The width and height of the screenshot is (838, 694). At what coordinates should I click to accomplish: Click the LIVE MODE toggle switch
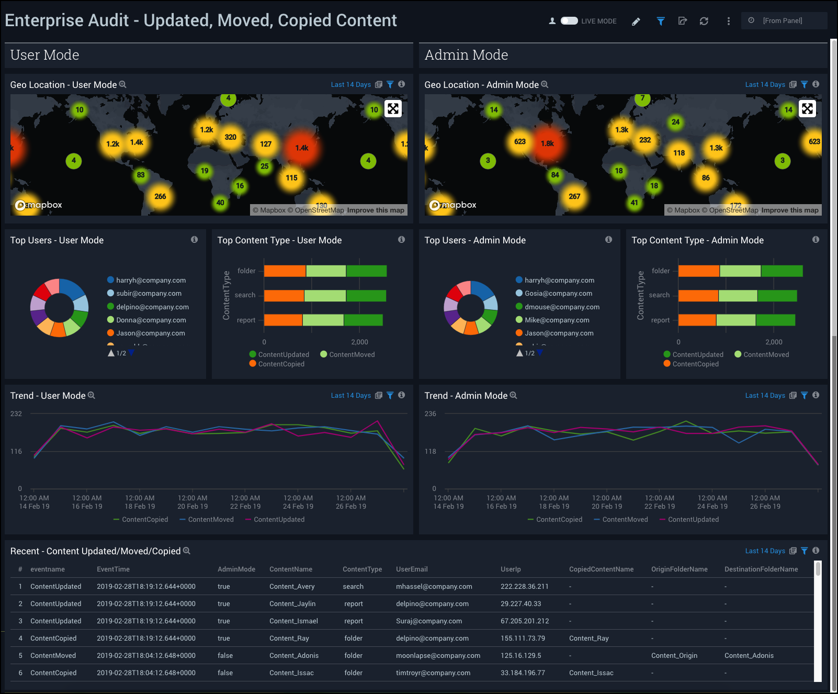click(569, 21)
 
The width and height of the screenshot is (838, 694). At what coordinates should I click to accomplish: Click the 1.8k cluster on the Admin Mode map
click(547, 143)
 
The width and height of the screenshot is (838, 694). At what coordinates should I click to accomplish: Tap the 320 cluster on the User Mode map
click(230, 137)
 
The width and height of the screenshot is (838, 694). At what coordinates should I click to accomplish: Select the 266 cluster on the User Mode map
click(160, 197)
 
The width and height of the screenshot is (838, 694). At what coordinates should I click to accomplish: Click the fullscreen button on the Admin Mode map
click(807, 109)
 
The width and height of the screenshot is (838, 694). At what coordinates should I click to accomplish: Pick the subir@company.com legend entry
click(149, 294)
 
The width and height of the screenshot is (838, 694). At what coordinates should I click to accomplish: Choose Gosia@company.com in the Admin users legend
click(558, 294)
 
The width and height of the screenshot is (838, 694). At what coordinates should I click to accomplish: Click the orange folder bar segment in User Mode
click(285, 271)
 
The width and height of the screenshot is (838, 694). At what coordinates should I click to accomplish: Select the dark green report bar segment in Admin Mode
click(775, 320)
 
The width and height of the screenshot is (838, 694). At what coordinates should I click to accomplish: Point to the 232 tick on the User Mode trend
click(16, 414)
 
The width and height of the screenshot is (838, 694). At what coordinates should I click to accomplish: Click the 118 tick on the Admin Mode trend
click(431, 452)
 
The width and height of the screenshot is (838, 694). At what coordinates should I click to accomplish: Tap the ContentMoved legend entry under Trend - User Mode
click(210, 520)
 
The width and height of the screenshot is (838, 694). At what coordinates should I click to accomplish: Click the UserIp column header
click(511, 569)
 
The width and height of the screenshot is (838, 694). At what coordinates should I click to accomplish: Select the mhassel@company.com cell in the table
click(434, 587)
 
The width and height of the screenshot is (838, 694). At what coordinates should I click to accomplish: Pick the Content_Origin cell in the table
click(674, 656)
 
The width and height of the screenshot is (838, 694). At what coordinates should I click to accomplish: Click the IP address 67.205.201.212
click(525, 621)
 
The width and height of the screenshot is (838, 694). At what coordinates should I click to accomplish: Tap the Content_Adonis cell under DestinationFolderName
click(749, 656)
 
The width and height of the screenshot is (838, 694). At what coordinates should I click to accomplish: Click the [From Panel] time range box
click(784, 21)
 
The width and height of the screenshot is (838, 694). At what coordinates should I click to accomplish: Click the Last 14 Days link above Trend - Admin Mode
click(765, 396)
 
